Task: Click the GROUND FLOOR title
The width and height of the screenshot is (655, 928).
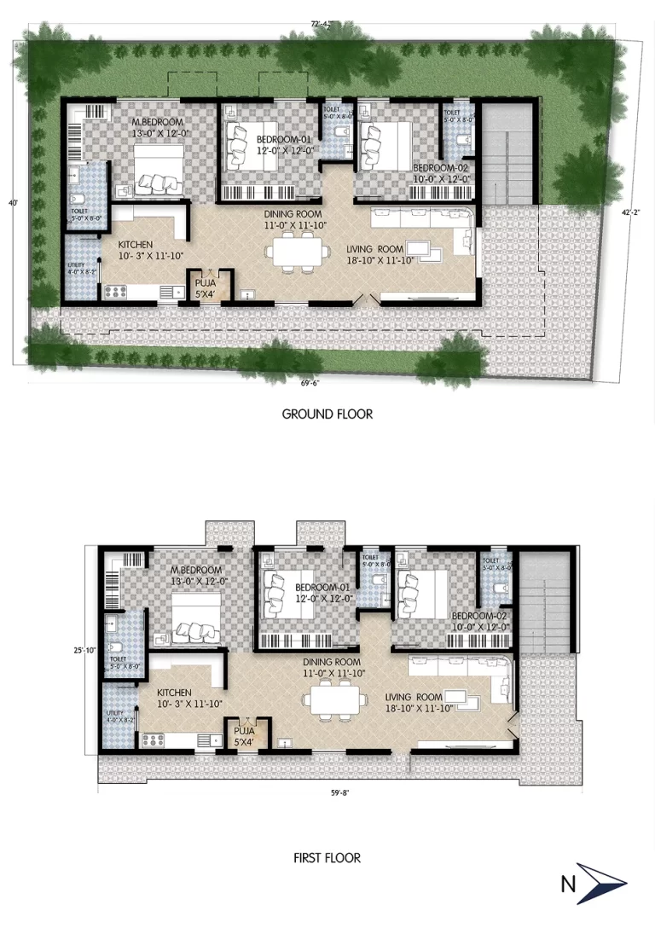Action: [x=327, y=415]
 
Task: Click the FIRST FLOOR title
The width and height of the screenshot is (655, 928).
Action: [x=327, y=857]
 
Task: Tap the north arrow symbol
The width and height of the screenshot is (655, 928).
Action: [x=602, y=883]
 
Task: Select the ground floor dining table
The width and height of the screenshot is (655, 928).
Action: [x=297, y=251]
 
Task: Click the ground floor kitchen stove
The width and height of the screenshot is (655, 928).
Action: [x=114, y=292]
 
